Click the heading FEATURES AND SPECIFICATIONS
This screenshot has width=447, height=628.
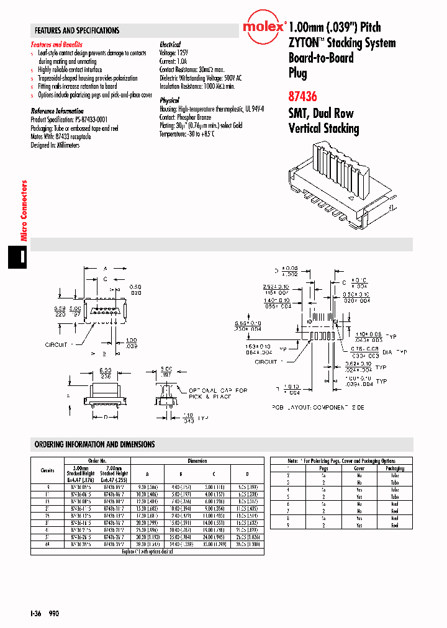(x=77, y=30)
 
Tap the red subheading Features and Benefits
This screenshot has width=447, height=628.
(x=56, y=45)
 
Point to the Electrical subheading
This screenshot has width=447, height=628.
(x=170, y=45)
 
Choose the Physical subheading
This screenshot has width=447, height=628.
(x=169, y=100)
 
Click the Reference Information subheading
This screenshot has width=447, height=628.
(x=57, y=111)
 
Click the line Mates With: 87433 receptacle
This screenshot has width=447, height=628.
(x=61, y=137)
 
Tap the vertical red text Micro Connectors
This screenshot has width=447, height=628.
(x=25, y=211)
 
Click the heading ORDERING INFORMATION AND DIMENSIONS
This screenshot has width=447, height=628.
(x=95, y=444)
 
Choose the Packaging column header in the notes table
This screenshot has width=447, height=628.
(x=395, y=469)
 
